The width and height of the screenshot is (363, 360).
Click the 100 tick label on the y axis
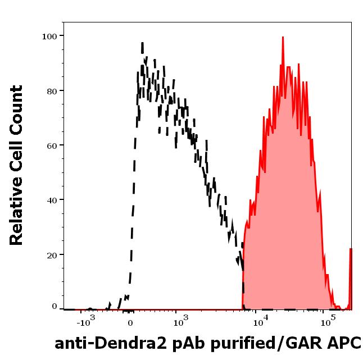(x=49, y=37)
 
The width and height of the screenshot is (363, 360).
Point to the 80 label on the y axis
(x=52, y=92)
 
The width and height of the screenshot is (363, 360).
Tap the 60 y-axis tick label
(x=52, y=146)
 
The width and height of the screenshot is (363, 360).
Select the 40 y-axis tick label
(x=52, y=200)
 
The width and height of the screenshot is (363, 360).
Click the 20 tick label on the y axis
(x=52, y=256)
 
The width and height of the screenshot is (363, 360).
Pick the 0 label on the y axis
(x=54, y=306)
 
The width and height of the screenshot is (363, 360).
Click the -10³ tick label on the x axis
(x=86, y=321)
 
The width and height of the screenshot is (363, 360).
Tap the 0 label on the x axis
(x=130, y=323)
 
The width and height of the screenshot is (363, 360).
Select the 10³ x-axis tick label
(x=181, y=321)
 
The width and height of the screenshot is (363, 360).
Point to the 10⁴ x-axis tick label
(x=261, y=321)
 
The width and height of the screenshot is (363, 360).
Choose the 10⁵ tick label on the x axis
(x=328, y=321)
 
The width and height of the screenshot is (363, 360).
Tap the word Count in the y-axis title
(x=16, y=111)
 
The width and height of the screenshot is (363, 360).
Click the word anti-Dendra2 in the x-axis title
(x=111, y=343)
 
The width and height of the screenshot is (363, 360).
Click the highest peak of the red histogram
(x=283, y=37)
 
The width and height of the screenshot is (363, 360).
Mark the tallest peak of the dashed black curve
(x=142, y=43)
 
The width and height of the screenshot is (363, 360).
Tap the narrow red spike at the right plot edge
(x=351, y=279)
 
